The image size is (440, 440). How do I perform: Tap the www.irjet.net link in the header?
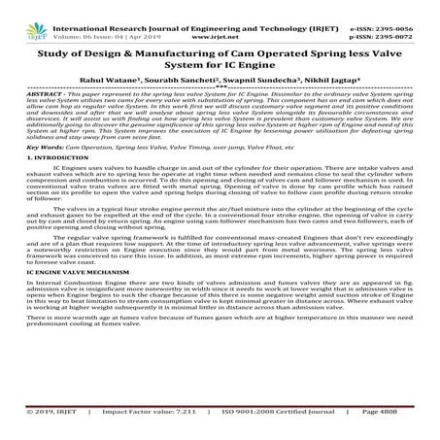pyautogui.click(x=219, y=17)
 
